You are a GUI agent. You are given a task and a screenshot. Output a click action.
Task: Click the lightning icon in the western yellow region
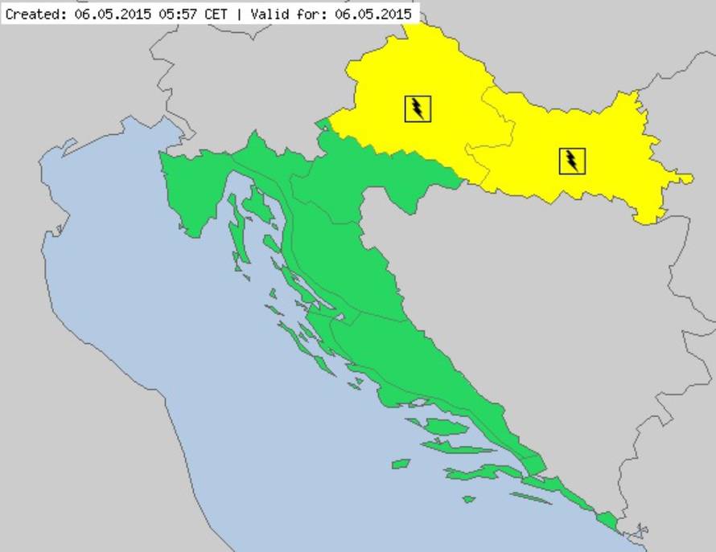418,108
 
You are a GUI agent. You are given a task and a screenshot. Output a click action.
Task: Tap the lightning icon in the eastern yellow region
572,161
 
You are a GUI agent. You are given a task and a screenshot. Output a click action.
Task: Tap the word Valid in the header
268,14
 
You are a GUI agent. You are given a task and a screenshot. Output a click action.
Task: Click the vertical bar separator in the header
240,14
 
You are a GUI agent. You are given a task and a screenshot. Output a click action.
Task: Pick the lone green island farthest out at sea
400,464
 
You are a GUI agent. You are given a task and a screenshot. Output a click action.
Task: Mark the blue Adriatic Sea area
201,362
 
